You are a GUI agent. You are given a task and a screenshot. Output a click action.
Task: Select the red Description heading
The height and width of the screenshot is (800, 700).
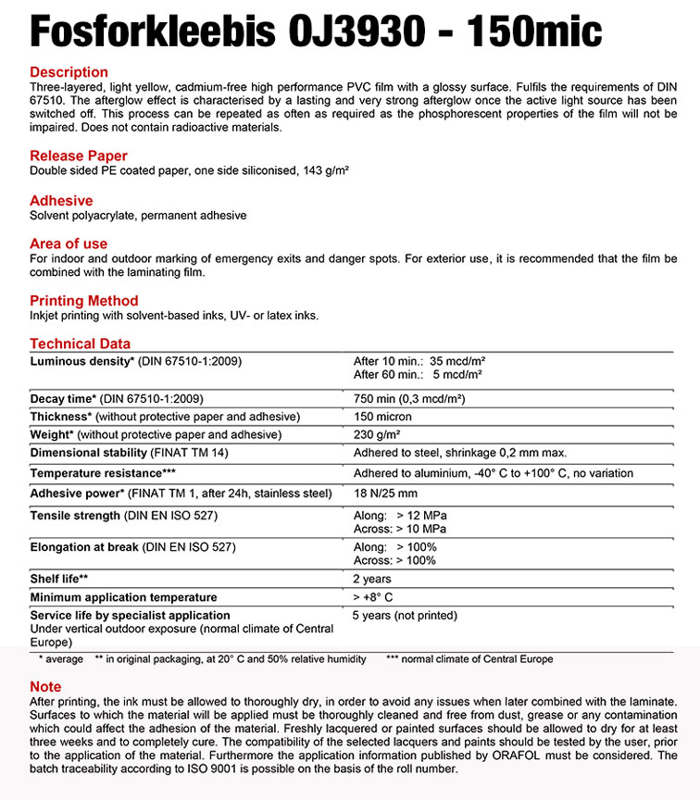[x=69, y=72]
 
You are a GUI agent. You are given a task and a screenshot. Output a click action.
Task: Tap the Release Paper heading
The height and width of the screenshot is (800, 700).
[x=79, y=156]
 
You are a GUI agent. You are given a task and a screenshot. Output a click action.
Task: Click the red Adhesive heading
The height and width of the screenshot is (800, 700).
[x=61, y=201]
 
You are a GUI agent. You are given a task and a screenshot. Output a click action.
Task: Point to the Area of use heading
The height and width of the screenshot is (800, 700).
[x=69, y=244]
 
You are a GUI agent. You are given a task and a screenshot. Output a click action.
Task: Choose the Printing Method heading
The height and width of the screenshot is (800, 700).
[x=84, y=301]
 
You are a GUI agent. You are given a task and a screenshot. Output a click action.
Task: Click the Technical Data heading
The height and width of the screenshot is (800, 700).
[x=81, y=344]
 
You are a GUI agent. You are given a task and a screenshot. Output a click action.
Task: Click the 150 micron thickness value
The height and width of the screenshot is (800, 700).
[x=382, y=417]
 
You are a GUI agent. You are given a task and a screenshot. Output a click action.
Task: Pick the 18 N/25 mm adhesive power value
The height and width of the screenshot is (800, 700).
[x=385, y=493]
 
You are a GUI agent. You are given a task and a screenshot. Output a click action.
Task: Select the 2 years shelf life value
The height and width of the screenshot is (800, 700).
[x=372, y=579]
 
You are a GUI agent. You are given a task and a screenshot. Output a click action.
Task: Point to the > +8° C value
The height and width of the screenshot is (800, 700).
[x=372, y=597]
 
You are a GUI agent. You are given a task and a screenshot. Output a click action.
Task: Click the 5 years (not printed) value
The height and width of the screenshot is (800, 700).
[x=405, y=615]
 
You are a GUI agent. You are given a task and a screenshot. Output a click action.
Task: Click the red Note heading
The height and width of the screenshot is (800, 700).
[x=45, y=687]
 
